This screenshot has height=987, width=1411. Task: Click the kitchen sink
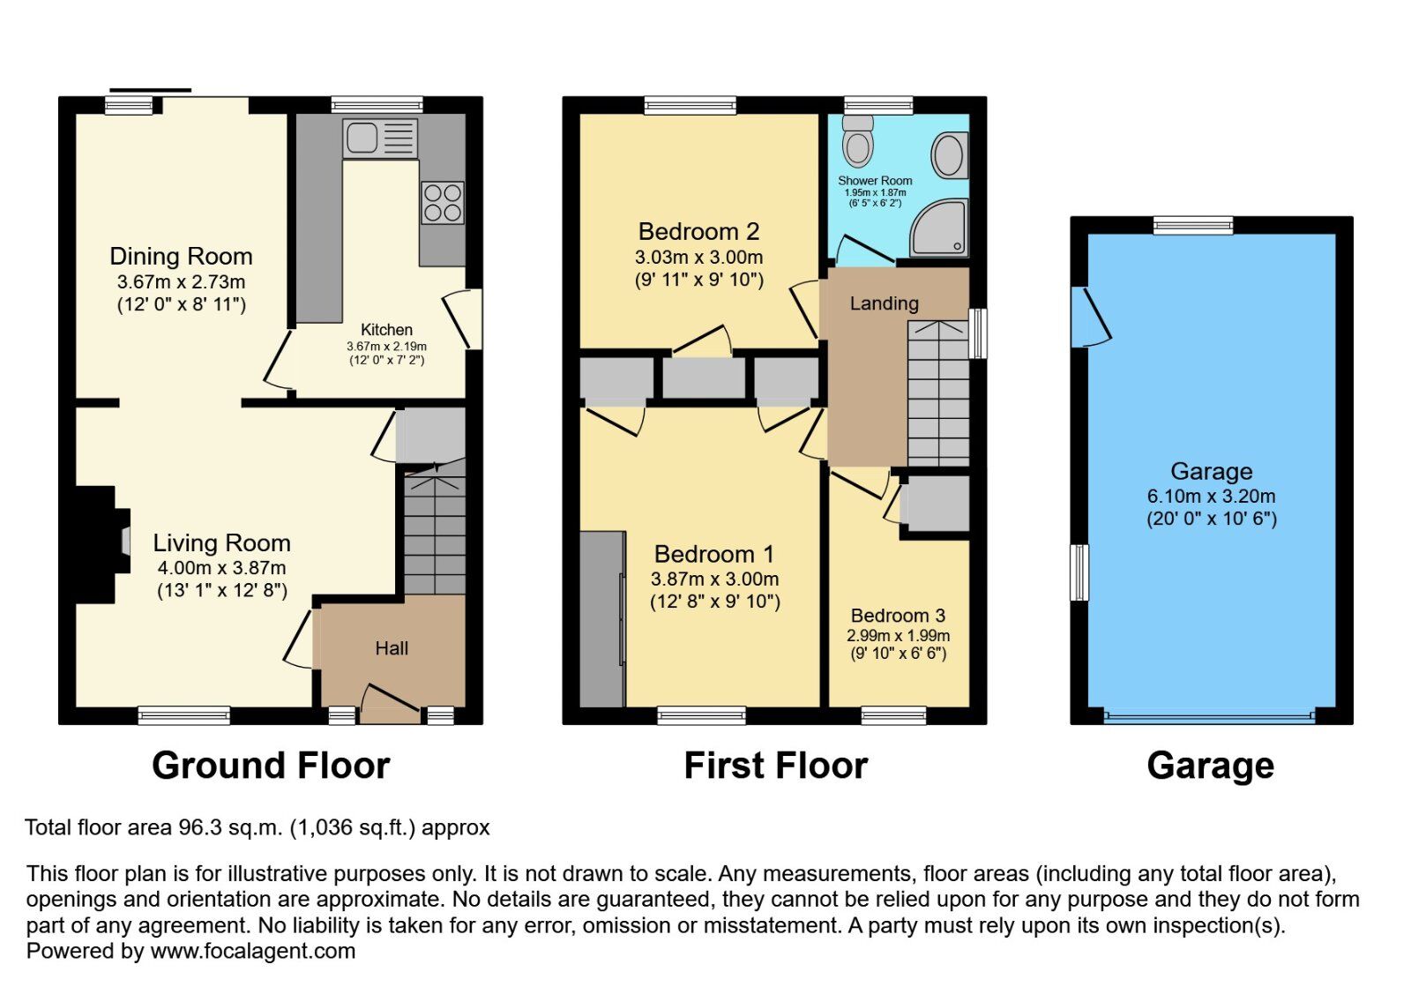point(379,139)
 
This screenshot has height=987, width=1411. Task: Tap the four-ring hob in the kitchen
point(442,202)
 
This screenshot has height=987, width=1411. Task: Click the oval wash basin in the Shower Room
point(949,155)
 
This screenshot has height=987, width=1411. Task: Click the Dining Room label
point(181,257)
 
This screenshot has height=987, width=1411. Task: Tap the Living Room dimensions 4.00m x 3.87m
point(221,569)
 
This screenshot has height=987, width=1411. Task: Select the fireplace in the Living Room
point(97,543)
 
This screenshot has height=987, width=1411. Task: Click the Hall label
point(392,648)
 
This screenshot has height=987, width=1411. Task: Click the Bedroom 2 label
point(698,232)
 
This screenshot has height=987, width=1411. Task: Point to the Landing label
point(884,303)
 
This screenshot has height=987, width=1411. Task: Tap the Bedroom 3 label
point(898,616)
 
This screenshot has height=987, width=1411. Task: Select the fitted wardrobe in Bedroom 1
point(603,617)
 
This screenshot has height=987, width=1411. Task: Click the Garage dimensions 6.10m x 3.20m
point(1211,497)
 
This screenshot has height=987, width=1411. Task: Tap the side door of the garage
point(1090,316)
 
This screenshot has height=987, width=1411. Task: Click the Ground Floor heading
point(271,765)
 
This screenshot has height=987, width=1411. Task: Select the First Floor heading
point(775,765)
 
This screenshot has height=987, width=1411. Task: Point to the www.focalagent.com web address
point(253,951)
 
